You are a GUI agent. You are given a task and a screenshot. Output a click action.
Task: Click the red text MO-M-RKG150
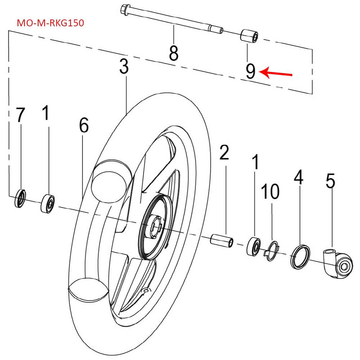[x=50, y=22]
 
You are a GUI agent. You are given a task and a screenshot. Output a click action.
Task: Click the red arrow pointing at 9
[x=278, y=72]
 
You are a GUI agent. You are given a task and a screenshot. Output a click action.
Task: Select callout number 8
[x=173, y=53]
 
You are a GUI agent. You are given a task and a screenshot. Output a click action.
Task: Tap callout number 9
[x=250, y=71]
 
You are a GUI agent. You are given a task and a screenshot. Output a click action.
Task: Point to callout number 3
[x=124, y=67]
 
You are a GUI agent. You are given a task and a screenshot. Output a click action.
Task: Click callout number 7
[x=20, y=115]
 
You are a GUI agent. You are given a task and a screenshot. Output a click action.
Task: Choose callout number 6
[x=84, y=126]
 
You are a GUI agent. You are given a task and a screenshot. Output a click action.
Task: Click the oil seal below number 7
[x=21, y=198]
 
